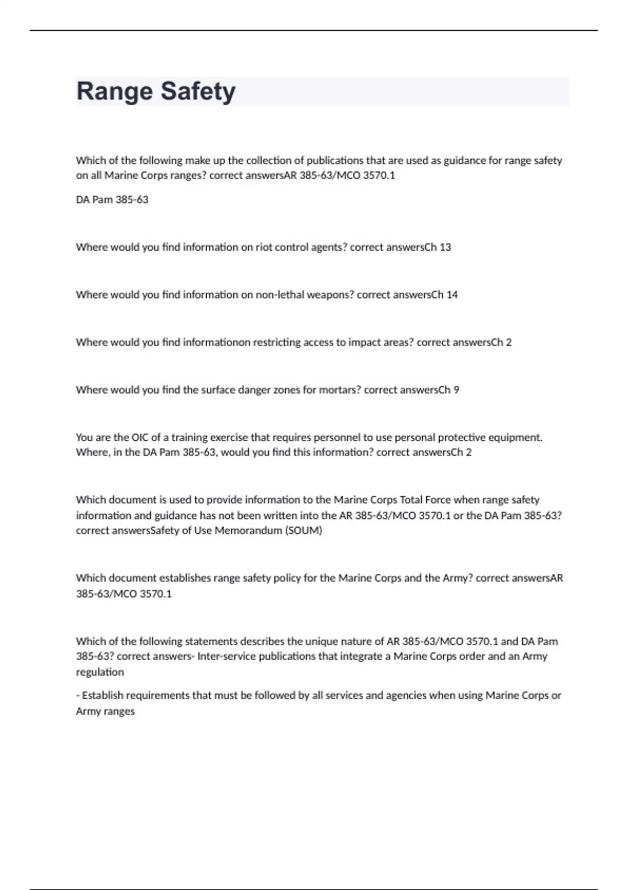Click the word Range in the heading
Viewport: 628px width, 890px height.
click(115, 92)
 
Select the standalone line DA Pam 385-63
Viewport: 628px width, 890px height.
click(112, 199)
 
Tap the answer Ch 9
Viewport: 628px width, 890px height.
click(449, 390)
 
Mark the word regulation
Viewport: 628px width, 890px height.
click(100, 672)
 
